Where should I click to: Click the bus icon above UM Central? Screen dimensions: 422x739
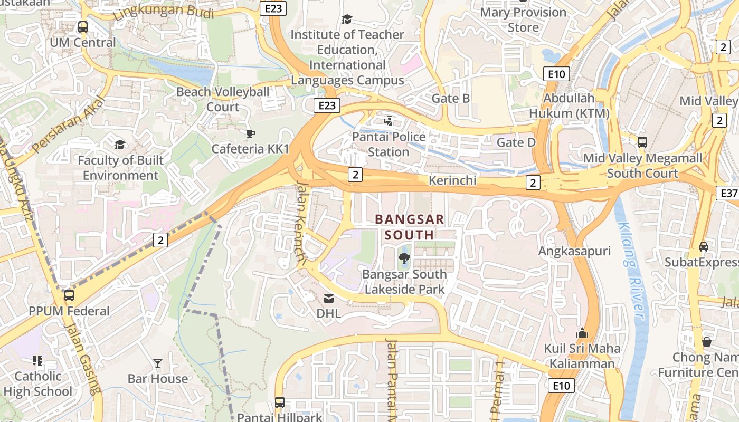tap(82, 26)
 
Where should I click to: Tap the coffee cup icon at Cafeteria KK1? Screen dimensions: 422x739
tap(250, 133)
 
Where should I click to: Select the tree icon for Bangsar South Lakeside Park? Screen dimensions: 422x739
tap(404, 258)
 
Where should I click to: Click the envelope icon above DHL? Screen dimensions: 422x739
tap(329, 299)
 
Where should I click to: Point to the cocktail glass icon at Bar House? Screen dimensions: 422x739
tap(157, 363)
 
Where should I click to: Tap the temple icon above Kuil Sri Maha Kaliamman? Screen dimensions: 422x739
tap(582, 333)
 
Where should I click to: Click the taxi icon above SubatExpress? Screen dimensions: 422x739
tap(704, 246)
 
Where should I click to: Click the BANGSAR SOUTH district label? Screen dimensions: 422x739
tap(409, 227)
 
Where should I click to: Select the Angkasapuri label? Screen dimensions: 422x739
tap(574, 252)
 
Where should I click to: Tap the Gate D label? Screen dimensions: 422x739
tap(516, 142)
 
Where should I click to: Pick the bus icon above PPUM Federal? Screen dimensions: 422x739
tap(69, 295)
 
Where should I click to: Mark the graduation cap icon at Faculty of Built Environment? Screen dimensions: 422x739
tap(120, 145)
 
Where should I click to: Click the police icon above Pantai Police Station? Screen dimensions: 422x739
tap(389, 121)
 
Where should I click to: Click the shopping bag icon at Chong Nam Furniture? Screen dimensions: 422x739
tap(707, 342)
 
